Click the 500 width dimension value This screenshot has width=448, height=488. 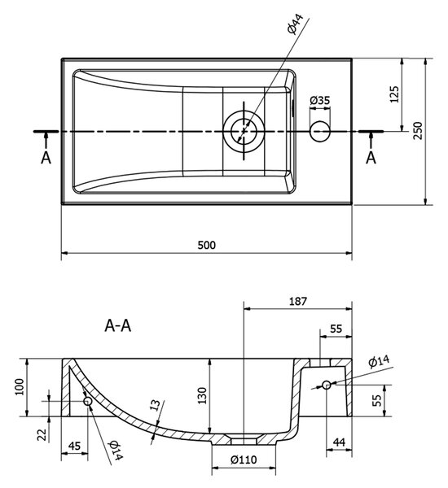pos(206,246)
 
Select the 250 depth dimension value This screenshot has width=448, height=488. pos(419,130)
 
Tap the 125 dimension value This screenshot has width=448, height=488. pos(394,94)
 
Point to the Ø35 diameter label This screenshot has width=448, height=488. pos(320,101)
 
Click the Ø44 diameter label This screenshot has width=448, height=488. pos(295,24)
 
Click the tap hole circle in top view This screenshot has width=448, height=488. pos(320,131)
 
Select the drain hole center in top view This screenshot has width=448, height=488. pos(244,131)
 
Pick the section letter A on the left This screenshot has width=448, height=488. pos(46,158)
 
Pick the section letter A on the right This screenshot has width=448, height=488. pos(371,158)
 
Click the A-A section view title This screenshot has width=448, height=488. pos(118,326)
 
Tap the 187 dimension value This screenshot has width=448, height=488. pos(298,301)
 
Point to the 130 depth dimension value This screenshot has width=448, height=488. pos(202,395)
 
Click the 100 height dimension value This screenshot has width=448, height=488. pos(20,387)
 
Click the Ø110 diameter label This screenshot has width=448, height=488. pos(244,460)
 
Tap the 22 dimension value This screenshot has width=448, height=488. pos(42,435)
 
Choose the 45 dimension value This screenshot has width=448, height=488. pos(74,446)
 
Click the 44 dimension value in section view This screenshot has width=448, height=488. pos(339,442)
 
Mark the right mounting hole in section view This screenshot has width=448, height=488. pos(327,385)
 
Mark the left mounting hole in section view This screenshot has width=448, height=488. pos(88,401)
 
